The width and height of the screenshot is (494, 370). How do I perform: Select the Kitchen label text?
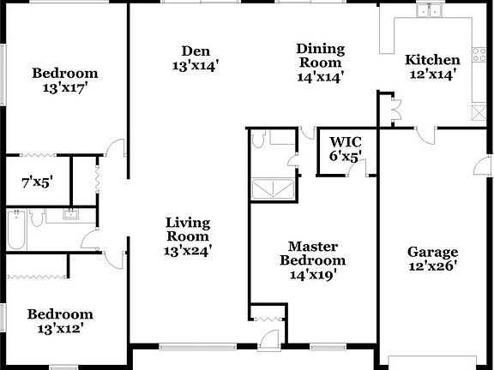point(432,60)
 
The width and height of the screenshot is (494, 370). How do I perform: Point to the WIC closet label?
point(345,141)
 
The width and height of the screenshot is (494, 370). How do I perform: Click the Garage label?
point(432,252)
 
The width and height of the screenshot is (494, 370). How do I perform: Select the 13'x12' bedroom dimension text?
point(59,327)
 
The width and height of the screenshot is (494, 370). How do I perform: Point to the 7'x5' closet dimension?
point(36,182)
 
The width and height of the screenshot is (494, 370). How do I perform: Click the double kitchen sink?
point(428,11)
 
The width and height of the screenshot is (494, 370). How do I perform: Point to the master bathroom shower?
point(276,188)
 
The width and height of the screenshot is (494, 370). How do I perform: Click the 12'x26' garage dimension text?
point(432,267)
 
